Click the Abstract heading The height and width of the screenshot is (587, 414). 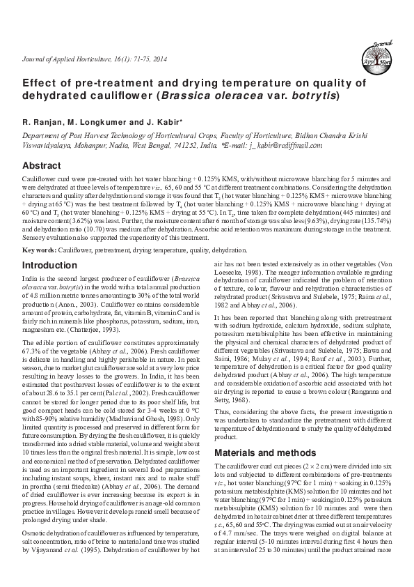click(x=41, y=166)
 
